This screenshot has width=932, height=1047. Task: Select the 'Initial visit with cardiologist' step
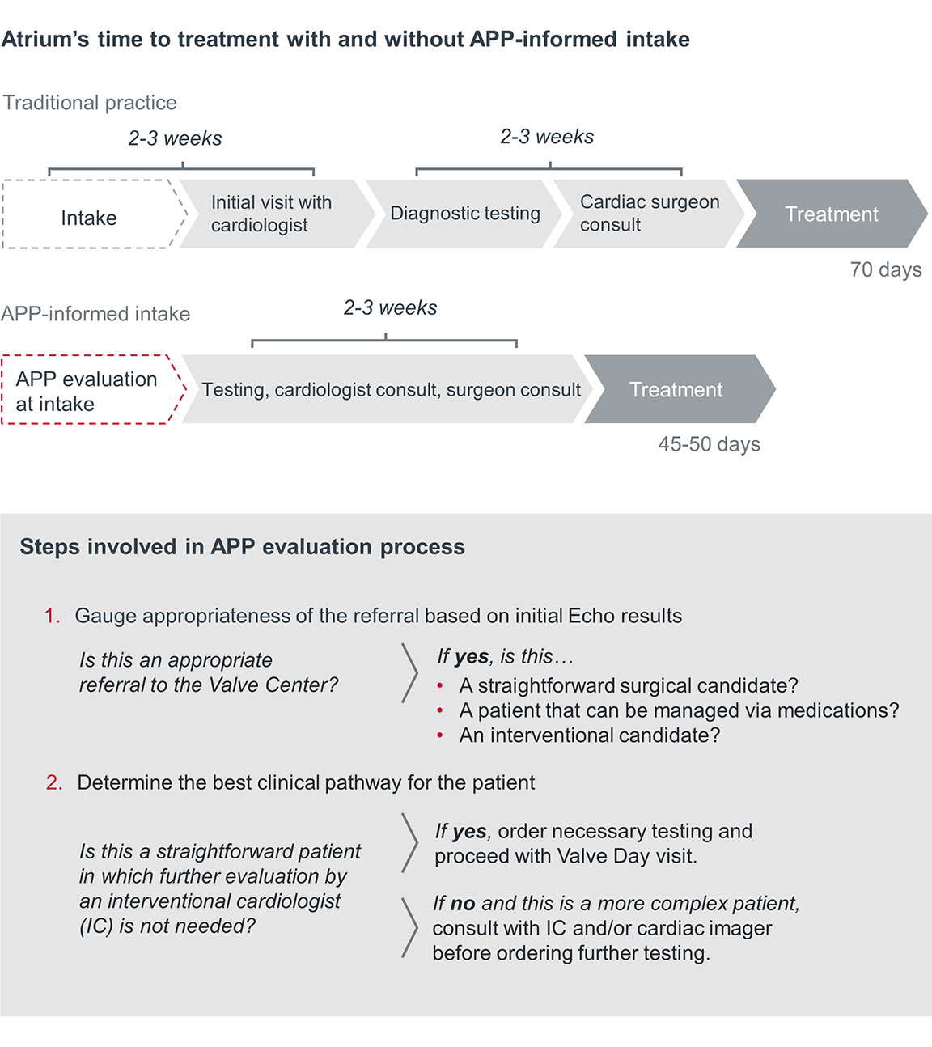point(272,214)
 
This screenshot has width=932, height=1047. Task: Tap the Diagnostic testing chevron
point(464,214)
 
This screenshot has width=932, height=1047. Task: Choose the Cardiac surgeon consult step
point(649,214)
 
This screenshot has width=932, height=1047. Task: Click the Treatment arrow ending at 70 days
point(831,214)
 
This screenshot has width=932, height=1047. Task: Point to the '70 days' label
point(886,269)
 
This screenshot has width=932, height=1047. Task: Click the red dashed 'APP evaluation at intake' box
point(87,390)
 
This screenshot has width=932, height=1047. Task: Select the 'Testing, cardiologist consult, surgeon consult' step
point(391,390)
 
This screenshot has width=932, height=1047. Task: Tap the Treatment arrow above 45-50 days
point(676,390)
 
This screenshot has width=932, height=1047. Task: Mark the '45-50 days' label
point(709,444)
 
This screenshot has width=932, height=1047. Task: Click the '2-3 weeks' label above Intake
point(175,138)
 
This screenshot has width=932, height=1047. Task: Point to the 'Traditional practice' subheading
point(90,103)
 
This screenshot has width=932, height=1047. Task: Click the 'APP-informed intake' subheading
point(95,314)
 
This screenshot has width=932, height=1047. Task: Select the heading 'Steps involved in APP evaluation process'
point(243,547)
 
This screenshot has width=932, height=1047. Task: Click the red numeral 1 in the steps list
point(51,616)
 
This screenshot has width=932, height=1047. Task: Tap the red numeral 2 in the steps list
point(53,782)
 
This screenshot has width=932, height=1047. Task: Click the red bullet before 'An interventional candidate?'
point(440,735)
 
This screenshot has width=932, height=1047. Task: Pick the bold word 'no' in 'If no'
point(463,903)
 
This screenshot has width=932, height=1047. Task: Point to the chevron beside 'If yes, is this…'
point(410,672)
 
